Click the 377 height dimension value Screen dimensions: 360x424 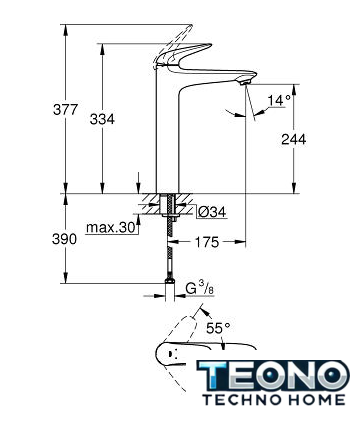pos(65,110)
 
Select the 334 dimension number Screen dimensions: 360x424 pos(102,119)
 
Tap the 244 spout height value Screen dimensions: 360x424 pos(293,139)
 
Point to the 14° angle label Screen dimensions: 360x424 pos(279,100)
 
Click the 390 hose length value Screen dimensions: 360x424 pos(64,239)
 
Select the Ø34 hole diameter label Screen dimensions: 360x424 pos(212,212)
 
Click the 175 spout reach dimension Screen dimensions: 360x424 pos(207,242)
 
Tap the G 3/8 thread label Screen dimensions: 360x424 pos(200,288)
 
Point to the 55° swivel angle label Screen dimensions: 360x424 pos(218,328)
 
